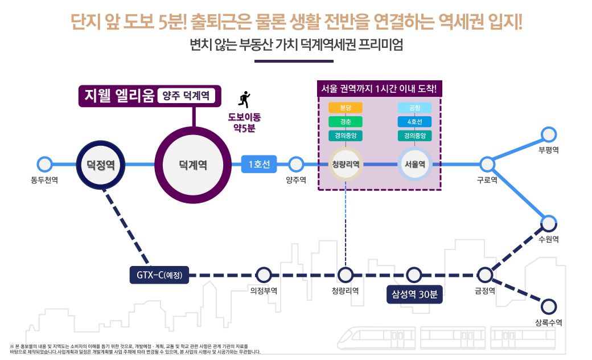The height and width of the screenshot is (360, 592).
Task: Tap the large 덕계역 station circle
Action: tap(193, 165)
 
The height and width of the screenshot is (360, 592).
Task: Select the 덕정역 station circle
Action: tap(101, 165)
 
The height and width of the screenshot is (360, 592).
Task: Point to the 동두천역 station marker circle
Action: tap(44, 165)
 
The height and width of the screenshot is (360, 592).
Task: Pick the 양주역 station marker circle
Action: tap(295, 165)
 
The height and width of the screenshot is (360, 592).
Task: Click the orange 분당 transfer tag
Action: tap(345, 108)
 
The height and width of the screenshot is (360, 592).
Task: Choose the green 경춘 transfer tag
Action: tap(345, 122)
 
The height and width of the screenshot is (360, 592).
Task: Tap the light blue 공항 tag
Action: tap(414, 108)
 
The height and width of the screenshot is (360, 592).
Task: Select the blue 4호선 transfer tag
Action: tap(414, 122)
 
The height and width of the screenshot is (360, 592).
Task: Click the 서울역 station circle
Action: tap(415, 165)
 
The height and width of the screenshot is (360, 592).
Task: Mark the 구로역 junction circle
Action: tap(487, 165)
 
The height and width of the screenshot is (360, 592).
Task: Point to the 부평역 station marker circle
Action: tap(548, 135)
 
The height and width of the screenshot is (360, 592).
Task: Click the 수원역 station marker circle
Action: tap(548, 223)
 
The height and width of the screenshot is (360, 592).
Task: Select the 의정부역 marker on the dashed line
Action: tap(263, 275)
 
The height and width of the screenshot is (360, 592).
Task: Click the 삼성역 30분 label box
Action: tap(414, 294)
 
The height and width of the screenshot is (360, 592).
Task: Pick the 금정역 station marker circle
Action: tap(484, 275)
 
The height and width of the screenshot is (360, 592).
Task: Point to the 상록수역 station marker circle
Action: tap(548, 306)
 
